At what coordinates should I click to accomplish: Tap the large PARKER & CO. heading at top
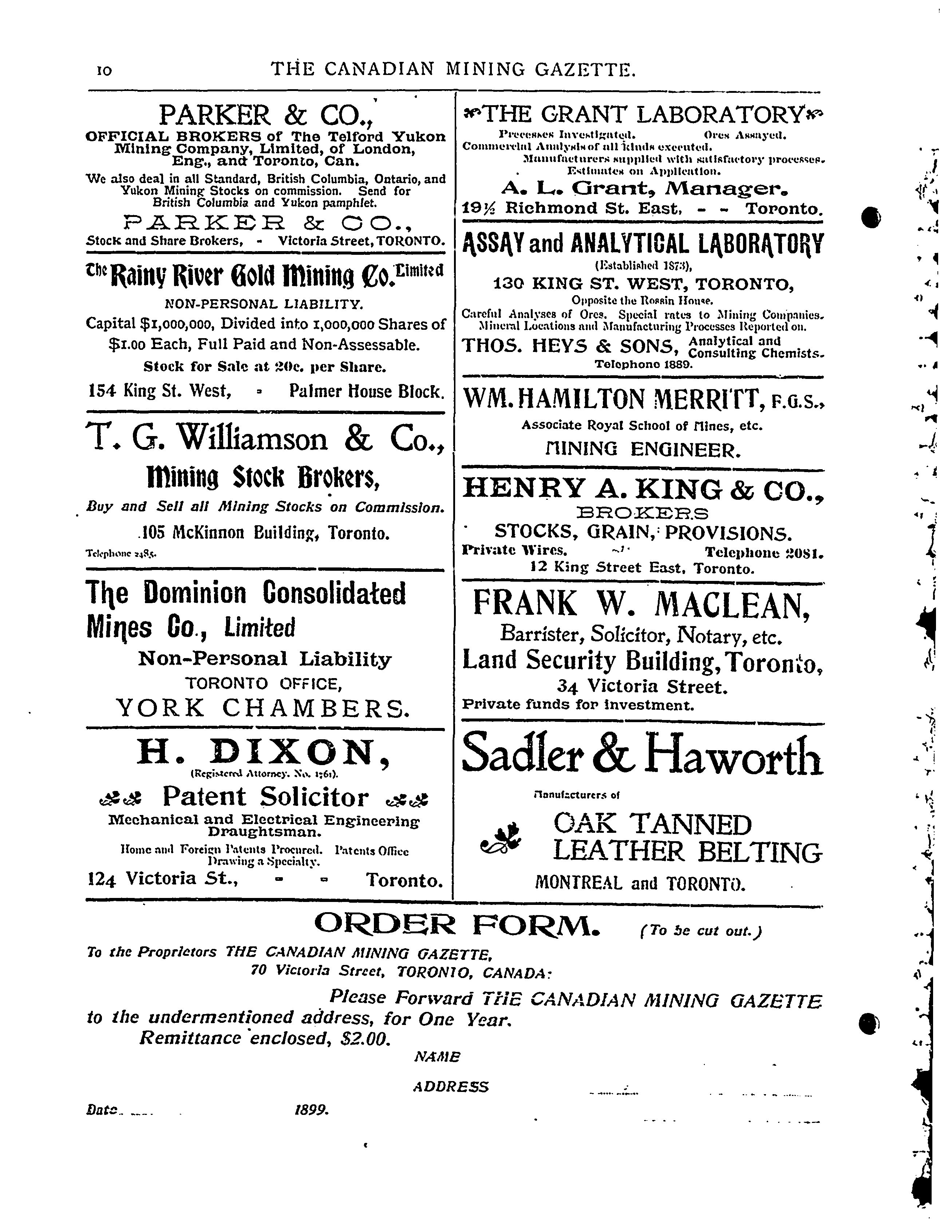coord(265,115)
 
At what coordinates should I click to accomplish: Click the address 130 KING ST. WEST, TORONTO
coord(643,284)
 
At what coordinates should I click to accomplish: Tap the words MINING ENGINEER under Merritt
coord(643,449)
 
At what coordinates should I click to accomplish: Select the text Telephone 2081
coord(763,553)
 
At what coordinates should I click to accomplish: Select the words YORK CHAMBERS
coord(264,708)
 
